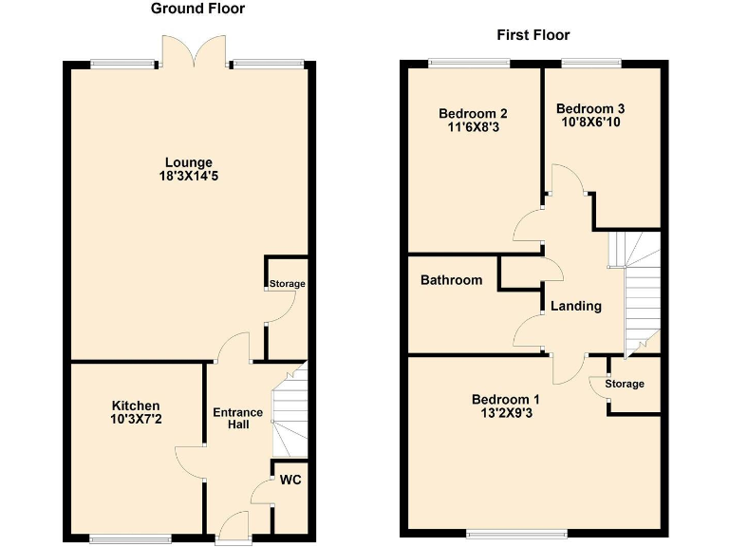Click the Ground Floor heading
tap(197, 9)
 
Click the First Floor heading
tap(533, 35)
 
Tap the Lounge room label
tap(190, 162)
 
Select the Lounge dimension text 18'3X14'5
tap(190, 176)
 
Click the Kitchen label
tap(136, 406)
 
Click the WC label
tap(290, 481)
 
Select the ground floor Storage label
tap(287, 284)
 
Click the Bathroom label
tap(451, 280)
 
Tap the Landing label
tap(576, 306)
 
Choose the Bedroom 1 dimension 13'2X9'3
tap(505, 413)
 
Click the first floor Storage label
tap(625, 384)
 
